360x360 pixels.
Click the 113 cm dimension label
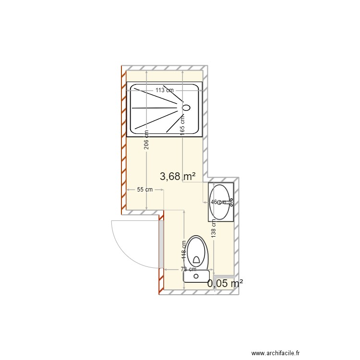point(164,90)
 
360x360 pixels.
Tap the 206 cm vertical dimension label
point(147,140)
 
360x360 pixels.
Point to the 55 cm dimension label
point(144,190)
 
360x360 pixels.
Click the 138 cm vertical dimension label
point(214,228)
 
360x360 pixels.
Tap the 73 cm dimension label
point(189,269)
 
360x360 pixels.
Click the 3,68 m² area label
point(178,177)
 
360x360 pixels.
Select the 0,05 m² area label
point(225,284)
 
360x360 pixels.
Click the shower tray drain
point(186,108)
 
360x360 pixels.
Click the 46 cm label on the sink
point(217,203)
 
